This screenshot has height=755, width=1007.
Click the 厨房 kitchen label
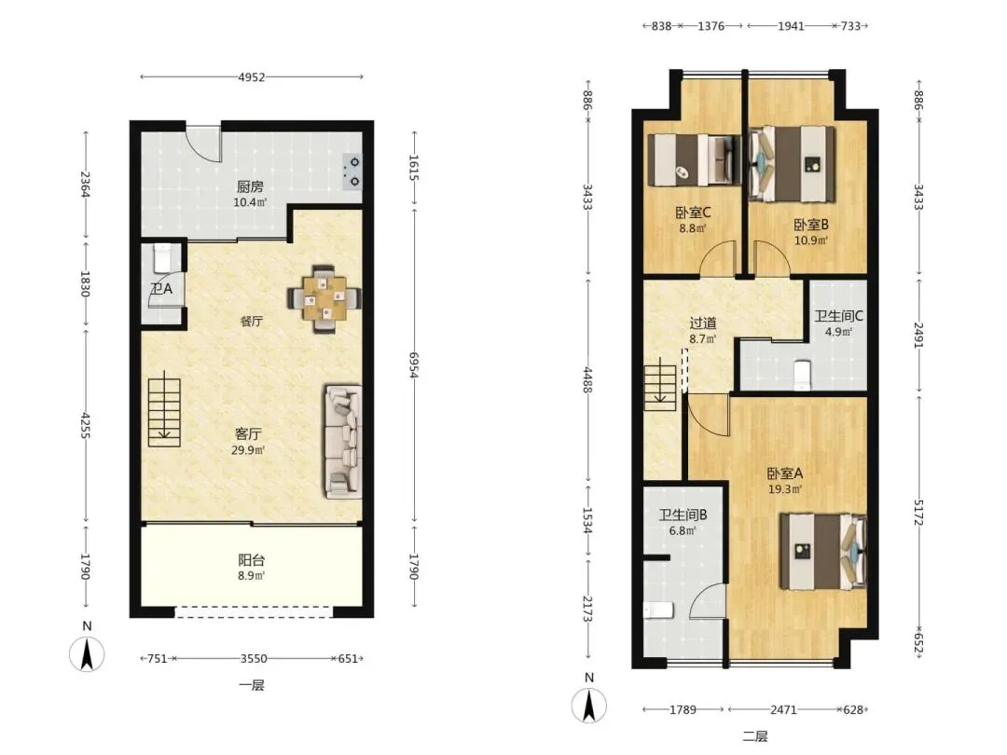tap(250, 186)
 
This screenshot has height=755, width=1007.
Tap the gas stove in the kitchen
tap(352, 172)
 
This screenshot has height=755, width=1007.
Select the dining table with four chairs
tap(324, 298)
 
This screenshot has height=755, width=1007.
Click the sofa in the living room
tap(343, 441)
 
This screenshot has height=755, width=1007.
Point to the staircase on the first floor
tap(164, 411)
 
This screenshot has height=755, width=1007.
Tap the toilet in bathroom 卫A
tap(162, 258)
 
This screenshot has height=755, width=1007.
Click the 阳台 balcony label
tap(251, 560)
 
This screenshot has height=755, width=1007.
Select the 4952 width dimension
tap(251, 77)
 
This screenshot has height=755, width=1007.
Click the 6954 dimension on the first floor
tap(414, 364)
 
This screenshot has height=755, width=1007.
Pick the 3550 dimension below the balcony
tap(254, 659)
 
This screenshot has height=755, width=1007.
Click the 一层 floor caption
tap(252, 686)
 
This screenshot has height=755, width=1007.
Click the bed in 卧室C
tap(695, 160)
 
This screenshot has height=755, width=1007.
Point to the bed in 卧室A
tap(823, 552)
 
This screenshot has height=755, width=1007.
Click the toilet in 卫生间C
tap(802, 375)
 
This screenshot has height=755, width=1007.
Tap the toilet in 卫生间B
tap(658, 610)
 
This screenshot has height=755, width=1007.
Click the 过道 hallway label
tap(703, 323)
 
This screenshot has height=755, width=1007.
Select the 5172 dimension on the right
tap(918, 513)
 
